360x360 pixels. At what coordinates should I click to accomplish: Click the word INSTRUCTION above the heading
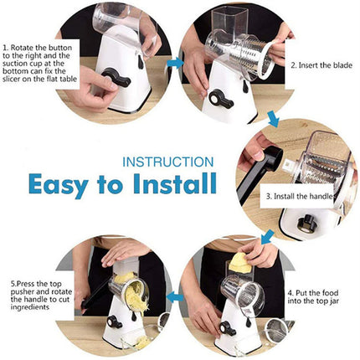(174, 161)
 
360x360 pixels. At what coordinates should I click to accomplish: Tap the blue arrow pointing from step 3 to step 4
(267, 239)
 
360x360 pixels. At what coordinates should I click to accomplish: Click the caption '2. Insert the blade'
(322, 64)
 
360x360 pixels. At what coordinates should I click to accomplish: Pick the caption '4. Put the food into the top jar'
(319, 296)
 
